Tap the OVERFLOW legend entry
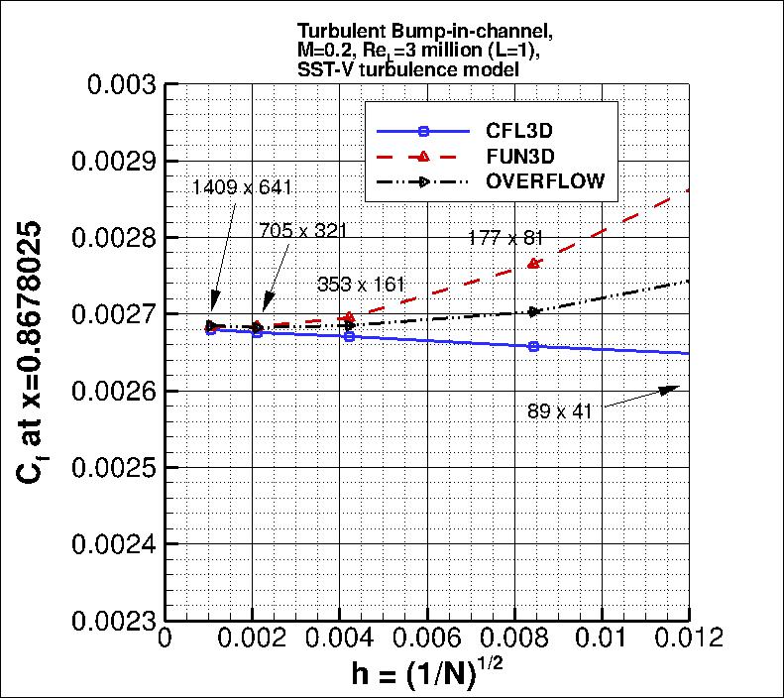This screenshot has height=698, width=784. point(544,181)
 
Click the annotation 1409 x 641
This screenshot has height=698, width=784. point(244,186)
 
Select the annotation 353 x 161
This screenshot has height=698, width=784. point(362,284)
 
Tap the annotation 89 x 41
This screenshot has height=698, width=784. point(560,411)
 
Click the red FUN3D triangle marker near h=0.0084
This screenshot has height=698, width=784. point(533,263)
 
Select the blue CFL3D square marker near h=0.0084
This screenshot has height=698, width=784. point(533,346)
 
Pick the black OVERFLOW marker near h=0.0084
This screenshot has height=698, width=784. point(534,311)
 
